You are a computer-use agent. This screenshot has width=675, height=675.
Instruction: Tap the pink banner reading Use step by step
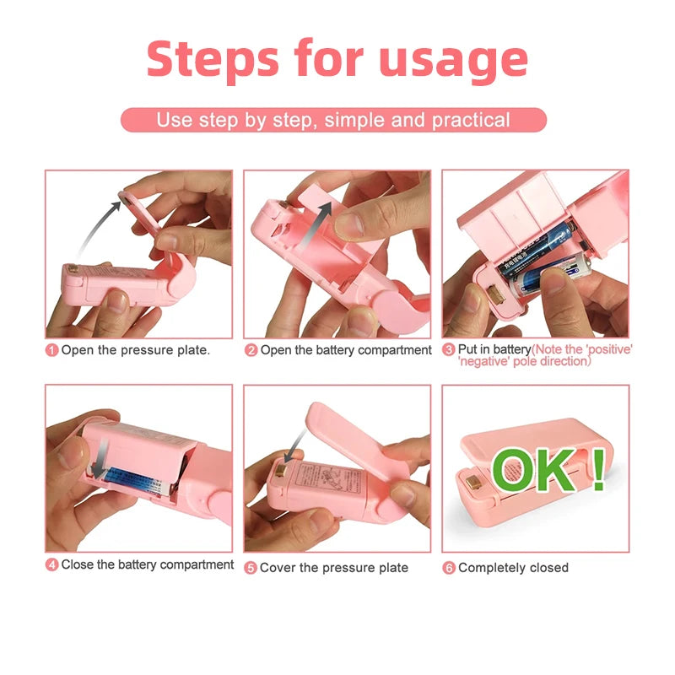pyautogui.click(x=333, y=120)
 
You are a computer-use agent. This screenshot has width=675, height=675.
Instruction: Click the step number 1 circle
pyautogui.click(x=51, y=350)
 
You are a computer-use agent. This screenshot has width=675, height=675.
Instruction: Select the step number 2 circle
pyautogui.click(x=251, y=350)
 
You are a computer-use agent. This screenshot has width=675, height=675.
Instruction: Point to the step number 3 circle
pyautogui.click(x=449, y=349)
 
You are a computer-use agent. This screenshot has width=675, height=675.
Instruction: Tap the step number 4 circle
pyautogui.click(x=51, y=564)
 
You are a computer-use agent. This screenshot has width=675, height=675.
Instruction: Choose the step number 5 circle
pyautogui.click(x=251, y=568)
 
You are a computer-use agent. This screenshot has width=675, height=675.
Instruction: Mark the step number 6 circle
pyautogui.click(x=449, y=568)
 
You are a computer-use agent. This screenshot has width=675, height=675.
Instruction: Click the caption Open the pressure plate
pyautogui.click(x=135, y=350)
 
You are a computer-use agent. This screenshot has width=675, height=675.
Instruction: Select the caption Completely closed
pyautogui.click(x=513, y=568)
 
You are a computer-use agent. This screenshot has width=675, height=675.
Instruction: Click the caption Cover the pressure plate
pyautogui.click(x=333, y=568)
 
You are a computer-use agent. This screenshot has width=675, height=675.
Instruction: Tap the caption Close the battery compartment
pyautogui.click(x=147, y=564)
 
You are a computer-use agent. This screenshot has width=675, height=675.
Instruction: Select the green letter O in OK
pyautogui.click(x=516, y=470)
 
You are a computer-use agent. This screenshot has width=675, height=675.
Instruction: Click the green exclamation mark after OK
pyautogui.click(x=599, y=470)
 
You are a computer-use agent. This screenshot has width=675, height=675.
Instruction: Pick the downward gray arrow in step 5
pyautogui.click(x=291, y=443)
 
